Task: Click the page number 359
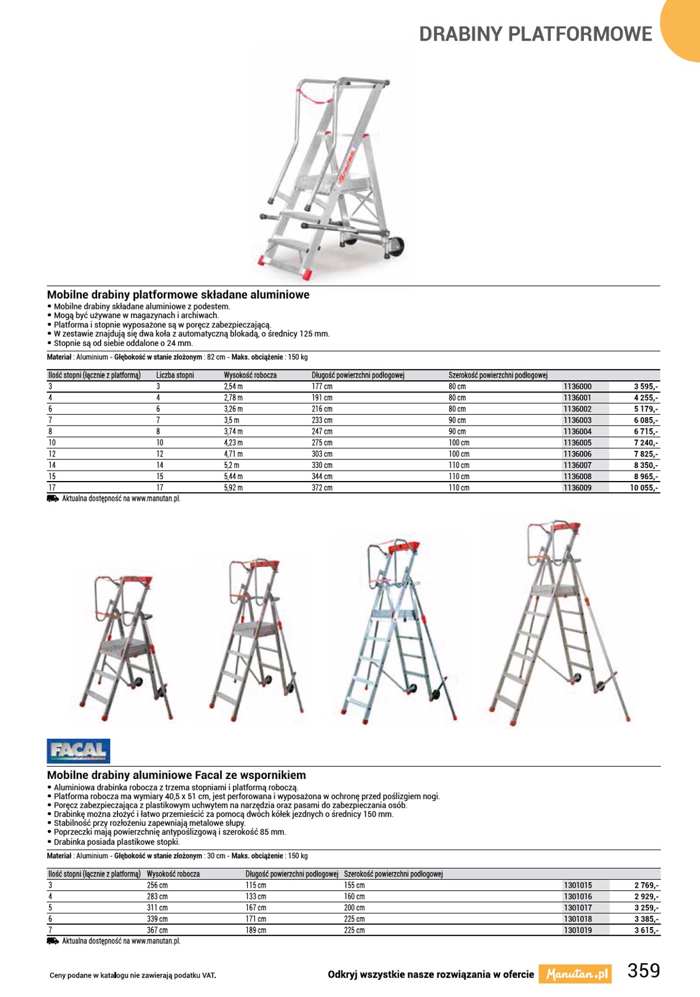(x=643, y=971)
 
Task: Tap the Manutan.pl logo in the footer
(x=575, y=974)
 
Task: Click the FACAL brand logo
(x=79, y=751)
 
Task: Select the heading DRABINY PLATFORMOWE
(x=535, y=34)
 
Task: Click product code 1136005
(x=577, y=443)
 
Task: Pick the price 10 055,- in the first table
(x=643, y=488)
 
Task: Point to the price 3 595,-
(x=646, y=387)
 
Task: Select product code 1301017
(x=577, y=908)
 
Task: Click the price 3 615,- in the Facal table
(x=647, y=931)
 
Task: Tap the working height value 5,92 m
(x=233, y=488)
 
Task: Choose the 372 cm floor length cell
(x=322, y=488)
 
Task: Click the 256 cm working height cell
(x=157, y=886)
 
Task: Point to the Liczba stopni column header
(x=175, y=375)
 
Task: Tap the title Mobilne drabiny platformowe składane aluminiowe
(x=178, y=295)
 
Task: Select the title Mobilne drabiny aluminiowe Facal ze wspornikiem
(x=176, y=775)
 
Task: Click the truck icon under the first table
(x=53, y=499)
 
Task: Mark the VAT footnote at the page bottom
(x=133, y=975)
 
